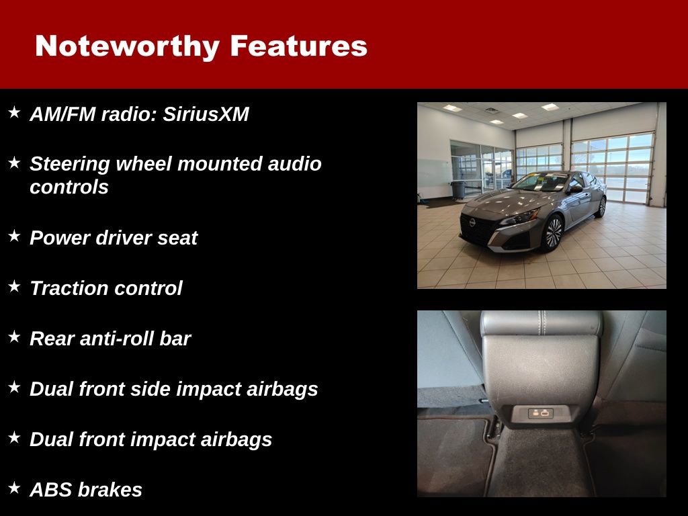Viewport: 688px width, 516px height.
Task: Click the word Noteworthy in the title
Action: click(x=127, y=46)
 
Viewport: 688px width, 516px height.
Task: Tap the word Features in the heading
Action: click(x=298, y=46)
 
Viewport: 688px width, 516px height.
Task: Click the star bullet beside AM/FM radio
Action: click(x=14, y=112)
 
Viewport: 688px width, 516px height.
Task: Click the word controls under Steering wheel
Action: click(x=69, y=187)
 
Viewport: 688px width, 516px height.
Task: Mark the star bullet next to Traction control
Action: click(x=14, y=286)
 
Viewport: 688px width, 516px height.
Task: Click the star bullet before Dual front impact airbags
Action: click(x=14, y=437)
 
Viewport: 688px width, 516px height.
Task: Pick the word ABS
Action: click(x=49, y=490)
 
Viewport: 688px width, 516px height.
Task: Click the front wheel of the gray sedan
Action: click(x=552, y=232)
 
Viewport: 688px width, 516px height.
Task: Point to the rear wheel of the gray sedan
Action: click(x=601, y=207)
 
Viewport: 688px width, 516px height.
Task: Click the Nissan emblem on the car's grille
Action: click(x=473, y=221)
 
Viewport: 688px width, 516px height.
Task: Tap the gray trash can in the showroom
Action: click(x=458, y=189)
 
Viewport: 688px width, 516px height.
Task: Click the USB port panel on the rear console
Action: click(x=540, y=413)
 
